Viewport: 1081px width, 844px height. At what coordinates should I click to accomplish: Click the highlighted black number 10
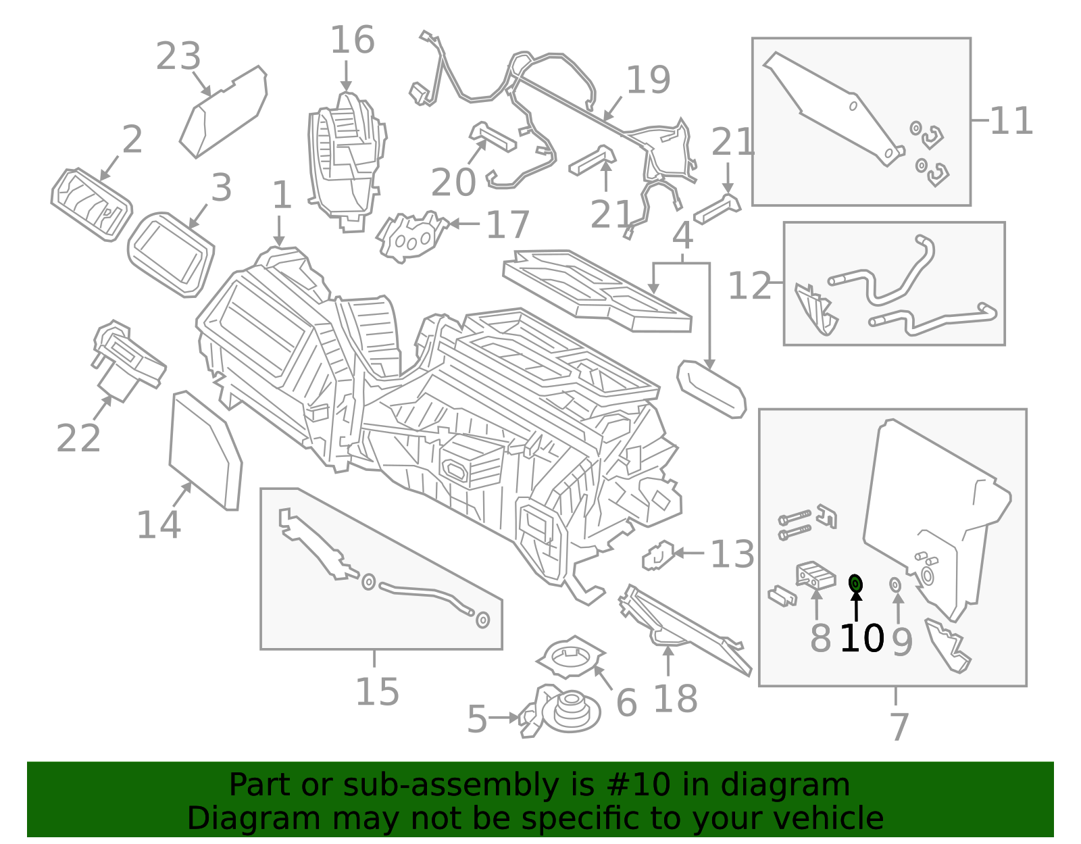[x=861, y=639]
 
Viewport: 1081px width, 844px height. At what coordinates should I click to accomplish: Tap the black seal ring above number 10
[x=855, y=582]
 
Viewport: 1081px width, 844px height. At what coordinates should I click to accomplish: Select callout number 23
[x=178, y=57]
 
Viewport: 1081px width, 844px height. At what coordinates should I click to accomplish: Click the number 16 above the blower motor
[x=352, y=41]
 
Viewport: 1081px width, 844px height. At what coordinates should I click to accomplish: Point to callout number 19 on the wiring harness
[x=648, y=80]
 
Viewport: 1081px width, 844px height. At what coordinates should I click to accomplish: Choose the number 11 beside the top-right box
[x=1011, y=122]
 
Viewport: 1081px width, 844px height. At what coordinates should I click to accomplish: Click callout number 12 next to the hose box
[x=749, y=287]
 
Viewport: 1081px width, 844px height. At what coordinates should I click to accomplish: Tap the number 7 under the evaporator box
[x=899, y=726]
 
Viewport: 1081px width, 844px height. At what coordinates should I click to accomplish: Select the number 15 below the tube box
[x=377, y=692]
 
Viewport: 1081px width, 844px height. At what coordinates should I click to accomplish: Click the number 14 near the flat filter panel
[x=159, y=525]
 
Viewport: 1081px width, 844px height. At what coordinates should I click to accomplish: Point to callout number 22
[x=78, y=439]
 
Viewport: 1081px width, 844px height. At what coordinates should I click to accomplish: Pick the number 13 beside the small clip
[x=732, y=555]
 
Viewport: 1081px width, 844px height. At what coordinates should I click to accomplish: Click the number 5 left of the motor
[x=477, y=720]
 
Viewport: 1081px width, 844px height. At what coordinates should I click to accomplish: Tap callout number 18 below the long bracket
[x=675, y=699]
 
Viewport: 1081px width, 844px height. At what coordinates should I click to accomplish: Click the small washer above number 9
[x=896, y=584]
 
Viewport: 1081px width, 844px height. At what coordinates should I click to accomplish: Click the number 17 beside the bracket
[x=507, y=225]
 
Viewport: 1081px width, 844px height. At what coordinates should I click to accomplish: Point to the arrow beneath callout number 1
[x=279, y=232]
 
